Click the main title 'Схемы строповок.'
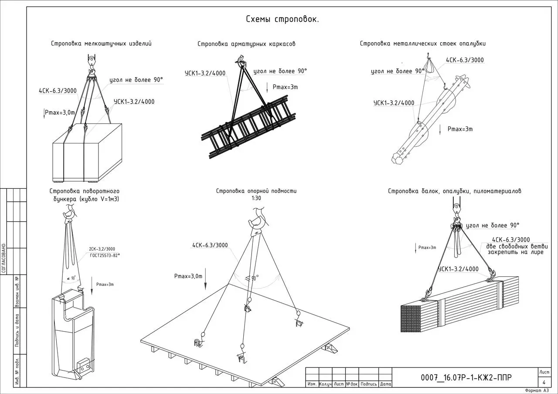coord(282,19)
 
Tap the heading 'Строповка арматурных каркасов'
coord(246,44)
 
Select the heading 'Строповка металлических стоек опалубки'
coord(422,44)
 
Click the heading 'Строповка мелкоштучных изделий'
coord(101,44)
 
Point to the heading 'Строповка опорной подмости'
coord(256,191)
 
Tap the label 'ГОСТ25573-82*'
coord(105,255)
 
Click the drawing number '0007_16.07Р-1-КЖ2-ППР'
coord(466,377)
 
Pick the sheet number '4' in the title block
coord(544,382)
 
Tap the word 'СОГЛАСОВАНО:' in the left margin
coord(3,257)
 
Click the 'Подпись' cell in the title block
coord(369,384)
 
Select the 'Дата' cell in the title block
coord(385,384)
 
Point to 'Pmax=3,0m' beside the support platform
coord(188,276)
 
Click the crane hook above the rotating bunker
coord(69,214)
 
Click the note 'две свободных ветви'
coord(515,246)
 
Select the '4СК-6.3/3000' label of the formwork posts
coord(465,60)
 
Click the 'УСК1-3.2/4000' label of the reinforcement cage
coord(205,73)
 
